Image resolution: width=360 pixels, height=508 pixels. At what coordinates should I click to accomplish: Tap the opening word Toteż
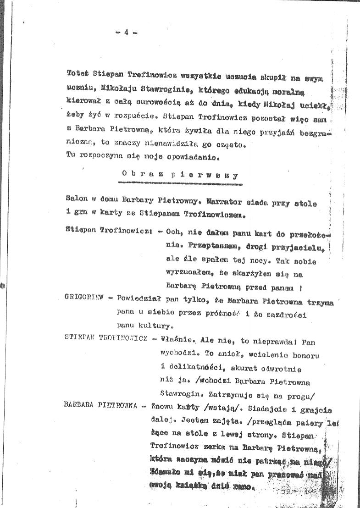coord(77,73)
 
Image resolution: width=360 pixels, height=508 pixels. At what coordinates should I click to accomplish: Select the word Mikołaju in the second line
coord(102,86)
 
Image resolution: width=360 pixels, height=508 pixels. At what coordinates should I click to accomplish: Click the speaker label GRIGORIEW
coord(85,298)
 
